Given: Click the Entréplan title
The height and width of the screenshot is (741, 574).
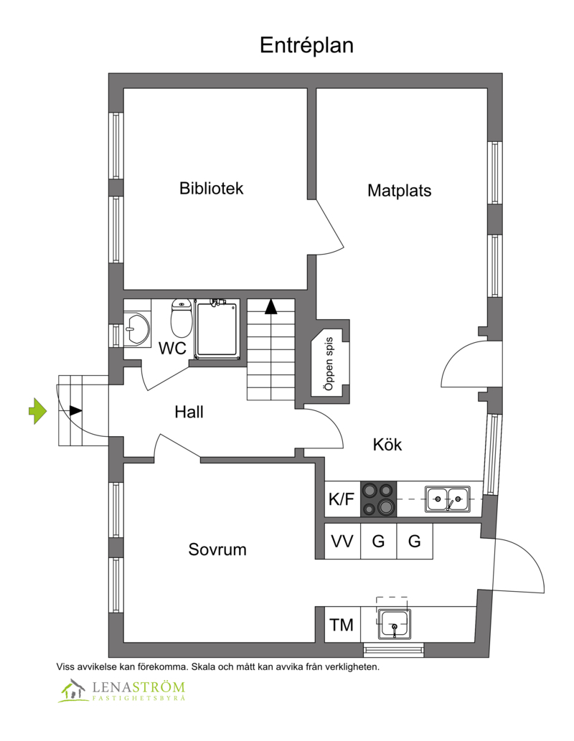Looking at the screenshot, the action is point(306,46).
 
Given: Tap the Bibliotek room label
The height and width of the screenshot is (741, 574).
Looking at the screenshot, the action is point(211,188).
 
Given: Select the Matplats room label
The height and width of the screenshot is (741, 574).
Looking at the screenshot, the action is point(399,190).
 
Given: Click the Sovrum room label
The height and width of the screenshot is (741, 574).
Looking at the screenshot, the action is point(217,549).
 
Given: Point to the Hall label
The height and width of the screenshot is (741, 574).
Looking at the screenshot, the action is point(189,412).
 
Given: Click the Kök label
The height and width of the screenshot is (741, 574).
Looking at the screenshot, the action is point(387,444).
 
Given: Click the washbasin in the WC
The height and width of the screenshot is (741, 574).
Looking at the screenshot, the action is point(136,328).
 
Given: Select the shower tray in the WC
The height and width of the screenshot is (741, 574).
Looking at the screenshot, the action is point(217,329).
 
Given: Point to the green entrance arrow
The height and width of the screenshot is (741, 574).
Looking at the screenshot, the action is point(38,410).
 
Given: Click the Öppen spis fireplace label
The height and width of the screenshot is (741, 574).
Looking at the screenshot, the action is point(329,364).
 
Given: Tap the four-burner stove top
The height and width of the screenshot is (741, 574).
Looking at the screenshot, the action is point(379,499).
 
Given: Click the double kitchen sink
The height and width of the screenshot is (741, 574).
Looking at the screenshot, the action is point(447,499).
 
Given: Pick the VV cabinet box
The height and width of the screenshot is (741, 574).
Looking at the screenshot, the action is point(342,541).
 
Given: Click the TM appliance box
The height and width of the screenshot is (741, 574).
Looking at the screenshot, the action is point(342,625).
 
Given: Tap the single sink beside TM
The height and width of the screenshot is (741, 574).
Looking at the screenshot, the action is point(395,624).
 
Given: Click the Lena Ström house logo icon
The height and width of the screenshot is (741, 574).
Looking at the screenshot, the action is point(72,691).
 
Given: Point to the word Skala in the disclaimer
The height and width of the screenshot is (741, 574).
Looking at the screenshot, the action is point(202,667).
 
